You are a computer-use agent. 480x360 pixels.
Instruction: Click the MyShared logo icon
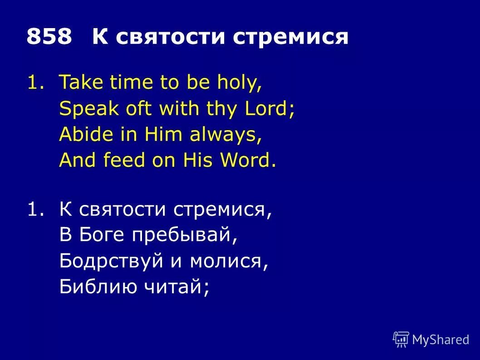click(x=401, y=339)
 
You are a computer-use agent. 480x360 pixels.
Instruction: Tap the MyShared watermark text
click(x=440, y=339)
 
